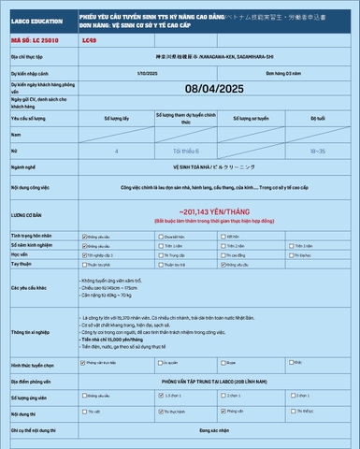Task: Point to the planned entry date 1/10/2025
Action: point(146,71)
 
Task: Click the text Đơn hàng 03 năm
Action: point(282,71)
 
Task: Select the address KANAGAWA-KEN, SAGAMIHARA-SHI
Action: point(220,57)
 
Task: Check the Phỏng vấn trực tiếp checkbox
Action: point(85,362)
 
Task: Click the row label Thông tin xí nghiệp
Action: point(31,331)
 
